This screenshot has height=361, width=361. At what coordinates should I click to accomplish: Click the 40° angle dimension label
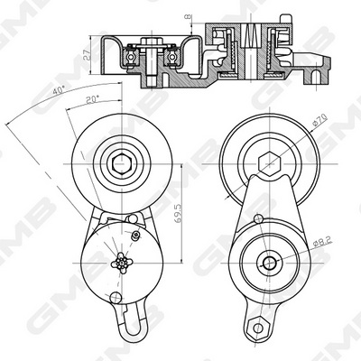(x=59, y=90)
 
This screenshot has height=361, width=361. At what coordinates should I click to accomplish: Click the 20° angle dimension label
(x=92, y=99)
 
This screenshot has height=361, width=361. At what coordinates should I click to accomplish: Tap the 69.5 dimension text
(x=178, y=213)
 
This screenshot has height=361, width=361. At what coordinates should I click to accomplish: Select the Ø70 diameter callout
(x=319, y=120)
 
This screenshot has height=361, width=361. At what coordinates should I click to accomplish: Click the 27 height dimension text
(x=87, y=55)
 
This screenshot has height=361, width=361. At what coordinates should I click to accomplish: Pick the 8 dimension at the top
(x=189, y=17)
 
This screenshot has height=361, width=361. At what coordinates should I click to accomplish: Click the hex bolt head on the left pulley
(x=122, y=164)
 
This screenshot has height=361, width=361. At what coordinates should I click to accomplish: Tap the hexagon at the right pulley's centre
(x=270, y=164)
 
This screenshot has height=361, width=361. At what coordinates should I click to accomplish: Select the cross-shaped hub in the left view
(x=122, y=263)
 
